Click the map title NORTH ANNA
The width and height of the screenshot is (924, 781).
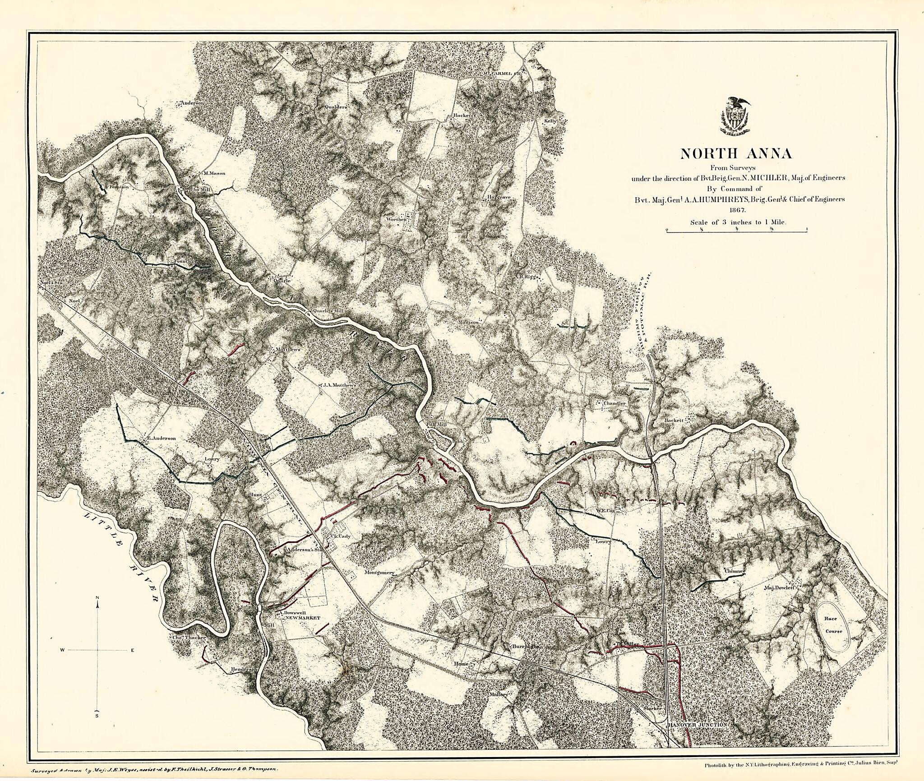click(x=736, y=154)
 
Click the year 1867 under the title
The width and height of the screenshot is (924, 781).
click(x=736, y=210)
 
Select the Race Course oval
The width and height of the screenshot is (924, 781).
click(x=833, y=627)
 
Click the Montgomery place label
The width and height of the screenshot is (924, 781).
click(x=379, y=573)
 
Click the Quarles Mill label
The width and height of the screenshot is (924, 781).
click(x=323, y=311)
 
